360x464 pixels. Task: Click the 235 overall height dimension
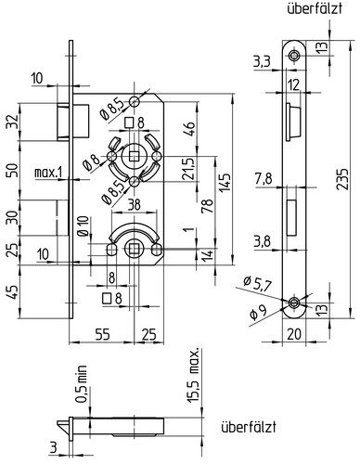342,179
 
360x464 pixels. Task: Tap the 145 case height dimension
226,183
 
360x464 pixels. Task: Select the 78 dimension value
208,206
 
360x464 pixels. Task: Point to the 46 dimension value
189,129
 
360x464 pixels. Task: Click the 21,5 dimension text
188,169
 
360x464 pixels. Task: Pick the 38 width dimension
134,204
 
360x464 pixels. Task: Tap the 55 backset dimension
102,334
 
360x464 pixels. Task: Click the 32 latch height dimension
12,122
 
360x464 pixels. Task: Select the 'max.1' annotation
48,173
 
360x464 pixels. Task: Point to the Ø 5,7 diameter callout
257,284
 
